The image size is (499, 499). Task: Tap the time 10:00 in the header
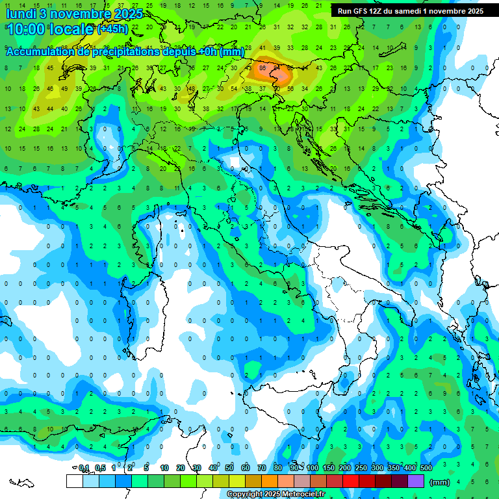(x=27, y=29)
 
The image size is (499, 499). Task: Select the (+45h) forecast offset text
(x=112, y=29)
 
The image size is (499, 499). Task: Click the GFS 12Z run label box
(x=409, y=11)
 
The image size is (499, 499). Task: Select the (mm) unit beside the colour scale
(x=440, y=482)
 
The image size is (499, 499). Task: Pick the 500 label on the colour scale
(x=426, y=468)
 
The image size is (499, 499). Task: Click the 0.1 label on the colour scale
(x=84, y=468)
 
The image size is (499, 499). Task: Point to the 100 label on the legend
(x=313, y=468)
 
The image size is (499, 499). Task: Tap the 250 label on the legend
(x=361, y=468)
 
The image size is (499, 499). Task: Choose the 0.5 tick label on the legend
(x=101, y=468)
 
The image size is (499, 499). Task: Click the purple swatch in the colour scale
(x=416, y=481)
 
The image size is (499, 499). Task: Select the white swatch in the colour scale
(x=74, y=481)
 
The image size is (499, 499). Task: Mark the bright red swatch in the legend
(x=351, y=481)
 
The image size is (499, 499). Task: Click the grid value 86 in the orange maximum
(x=262, y=67)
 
